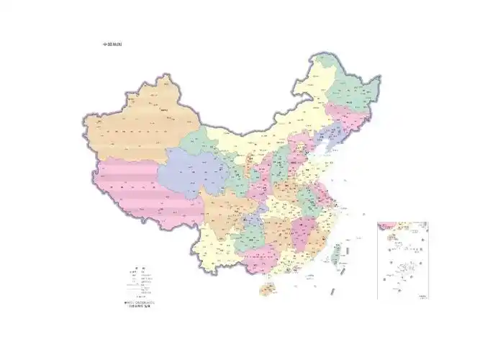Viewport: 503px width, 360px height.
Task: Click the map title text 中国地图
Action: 112,45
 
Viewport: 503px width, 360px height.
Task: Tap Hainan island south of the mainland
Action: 266,289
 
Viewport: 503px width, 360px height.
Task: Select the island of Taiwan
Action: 335,252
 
